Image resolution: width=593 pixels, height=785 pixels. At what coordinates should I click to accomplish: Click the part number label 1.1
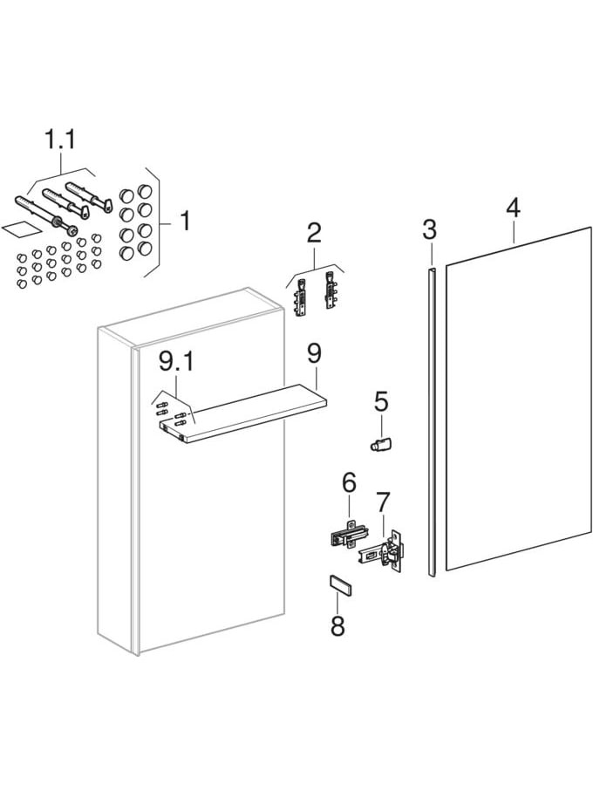[59, 140]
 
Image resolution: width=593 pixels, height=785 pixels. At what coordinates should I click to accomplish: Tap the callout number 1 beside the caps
[184, 220]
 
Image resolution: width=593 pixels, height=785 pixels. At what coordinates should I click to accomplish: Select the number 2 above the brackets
[314, 233]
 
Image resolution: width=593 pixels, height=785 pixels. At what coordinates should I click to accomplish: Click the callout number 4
[513, 208]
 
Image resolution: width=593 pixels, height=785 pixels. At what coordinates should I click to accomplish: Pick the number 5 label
[381, 402]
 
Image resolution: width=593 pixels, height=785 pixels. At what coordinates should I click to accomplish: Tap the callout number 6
[349, 481]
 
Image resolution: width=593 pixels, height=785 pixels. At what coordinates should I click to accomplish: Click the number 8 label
[337, 625]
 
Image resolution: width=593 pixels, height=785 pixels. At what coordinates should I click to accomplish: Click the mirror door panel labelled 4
[519, 401]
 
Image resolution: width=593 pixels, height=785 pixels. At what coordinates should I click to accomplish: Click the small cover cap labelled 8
[339, 585]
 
